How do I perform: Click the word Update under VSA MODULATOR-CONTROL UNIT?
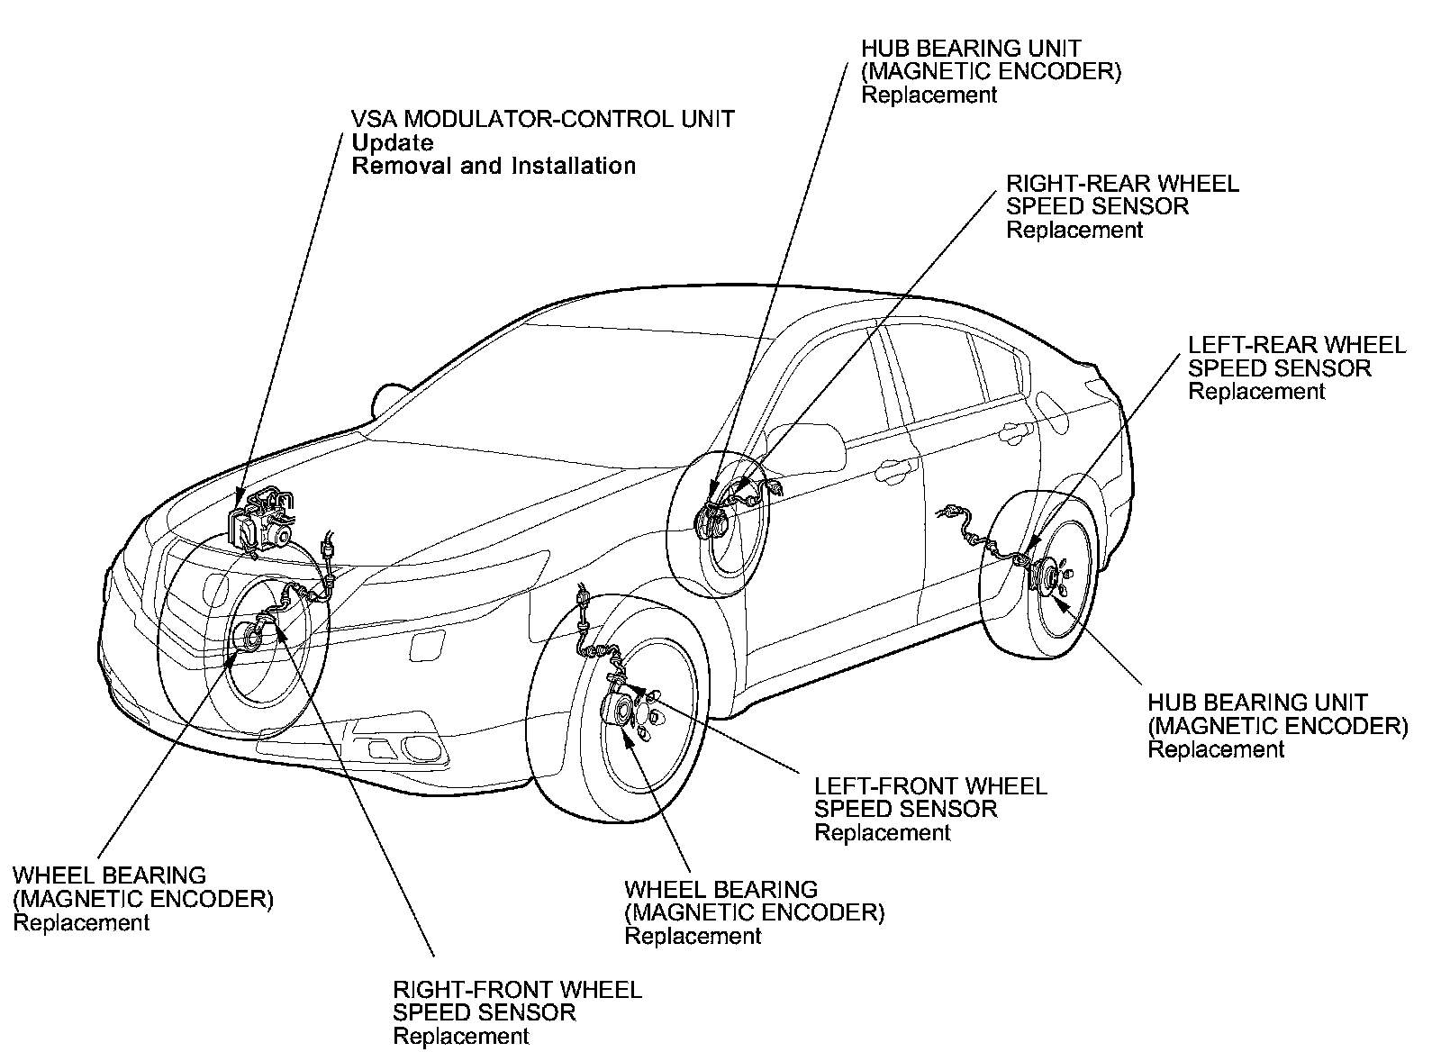point(392,142)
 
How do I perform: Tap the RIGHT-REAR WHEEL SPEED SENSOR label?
point(1122,195)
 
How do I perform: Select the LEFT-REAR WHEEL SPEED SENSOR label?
point(1296,357)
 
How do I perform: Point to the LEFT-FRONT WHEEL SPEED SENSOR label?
point(930,797)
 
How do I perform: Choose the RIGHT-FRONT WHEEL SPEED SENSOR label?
point(517,1001)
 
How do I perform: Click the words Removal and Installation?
point(494,166)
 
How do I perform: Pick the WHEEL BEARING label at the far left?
point(109,875)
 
